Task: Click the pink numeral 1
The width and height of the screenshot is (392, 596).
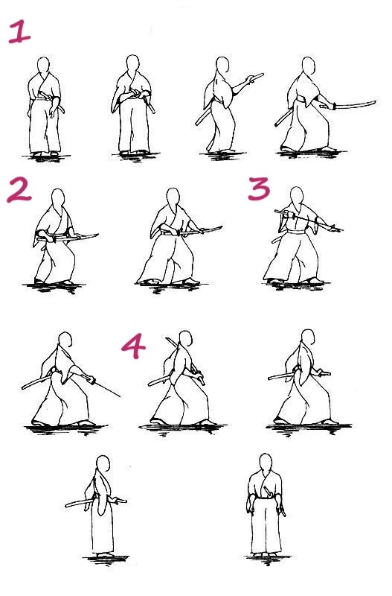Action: click(20, 32)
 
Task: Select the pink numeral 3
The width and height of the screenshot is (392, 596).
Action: click(260, 188)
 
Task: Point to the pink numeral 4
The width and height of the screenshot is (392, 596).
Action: click(134, 346)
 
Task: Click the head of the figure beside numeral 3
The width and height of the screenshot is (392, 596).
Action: click(297, 197)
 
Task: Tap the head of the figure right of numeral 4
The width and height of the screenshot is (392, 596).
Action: click(185, 340)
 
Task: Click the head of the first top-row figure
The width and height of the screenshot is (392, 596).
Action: click(44, 66)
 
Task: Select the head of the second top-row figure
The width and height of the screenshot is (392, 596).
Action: click(133, 64)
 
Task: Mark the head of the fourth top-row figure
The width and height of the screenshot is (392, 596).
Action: click(309, 67)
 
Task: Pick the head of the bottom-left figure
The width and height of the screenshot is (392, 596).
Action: click(103, 465)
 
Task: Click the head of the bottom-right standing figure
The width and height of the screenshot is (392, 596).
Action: click(266, 463)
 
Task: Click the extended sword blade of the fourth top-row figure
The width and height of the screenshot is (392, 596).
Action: click(356, 104)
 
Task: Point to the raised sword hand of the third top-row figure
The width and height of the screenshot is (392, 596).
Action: click(250, 80)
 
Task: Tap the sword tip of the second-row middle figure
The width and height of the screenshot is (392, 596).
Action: click(220, 228)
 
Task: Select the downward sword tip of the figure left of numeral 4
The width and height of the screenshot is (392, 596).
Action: click(119, 396)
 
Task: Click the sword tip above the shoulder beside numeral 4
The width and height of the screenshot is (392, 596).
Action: click(167, 338)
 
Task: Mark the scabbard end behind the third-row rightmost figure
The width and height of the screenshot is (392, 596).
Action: click(270, 378)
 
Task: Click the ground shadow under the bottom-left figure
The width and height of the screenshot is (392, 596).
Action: click(106, 559)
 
